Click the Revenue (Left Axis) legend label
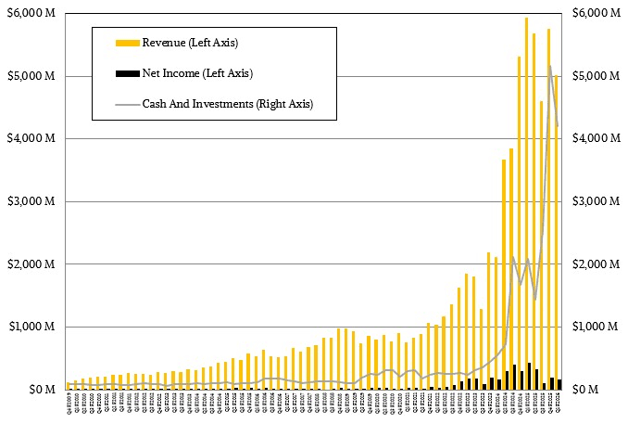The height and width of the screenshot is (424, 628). [x=198, y=42]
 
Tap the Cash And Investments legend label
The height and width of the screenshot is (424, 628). [x=227, y=104]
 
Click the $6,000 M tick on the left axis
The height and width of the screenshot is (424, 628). [x=34, y=13]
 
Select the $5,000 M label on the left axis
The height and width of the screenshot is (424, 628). [x=34, y=76]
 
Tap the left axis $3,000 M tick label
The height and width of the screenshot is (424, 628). [x=34, y=201]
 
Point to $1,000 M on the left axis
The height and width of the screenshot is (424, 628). [x=34, y=327]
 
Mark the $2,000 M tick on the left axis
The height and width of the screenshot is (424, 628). [x=34, y=264]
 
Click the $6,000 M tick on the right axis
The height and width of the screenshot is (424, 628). [x=597, y=13]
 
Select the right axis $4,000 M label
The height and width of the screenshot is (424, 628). [x=597, y=138]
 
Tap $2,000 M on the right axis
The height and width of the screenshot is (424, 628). [x=597, y=264]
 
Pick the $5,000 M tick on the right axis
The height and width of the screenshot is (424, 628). [x=597, y=76]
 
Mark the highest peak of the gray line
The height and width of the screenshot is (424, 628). [x=549, y=66]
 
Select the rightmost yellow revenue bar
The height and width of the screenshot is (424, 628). [x=557, y=232]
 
